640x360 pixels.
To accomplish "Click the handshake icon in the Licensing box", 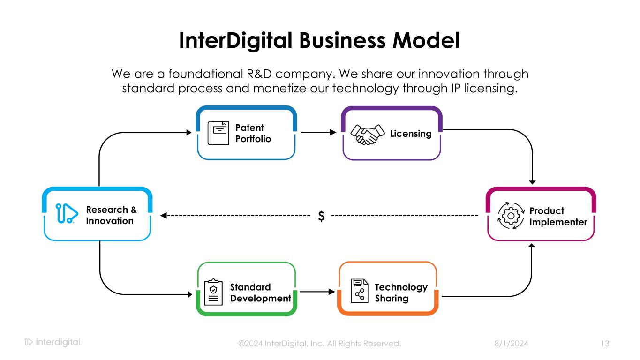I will point(366,135).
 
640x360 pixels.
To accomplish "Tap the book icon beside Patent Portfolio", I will point(218,133).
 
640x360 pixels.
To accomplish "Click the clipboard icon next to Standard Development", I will point(213,292).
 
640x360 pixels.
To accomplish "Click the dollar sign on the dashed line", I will point(321,216).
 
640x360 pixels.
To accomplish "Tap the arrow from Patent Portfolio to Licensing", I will point(319,133).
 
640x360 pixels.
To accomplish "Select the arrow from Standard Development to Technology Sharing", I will point(317,292).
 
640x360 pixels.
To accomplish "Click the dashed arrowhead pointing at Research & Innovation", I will point(164,216).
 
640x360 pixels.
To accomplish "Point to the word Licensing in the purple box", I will point(411,134).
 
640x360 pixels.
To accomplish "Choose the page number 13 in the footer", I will point(605,344).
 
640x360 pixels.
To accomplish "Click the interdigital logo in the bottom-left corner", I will point(53,343).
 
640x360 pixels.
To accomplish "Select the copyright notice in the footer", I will point(320,344).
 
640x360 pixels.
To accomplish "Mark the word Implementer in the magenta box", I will point(558,222).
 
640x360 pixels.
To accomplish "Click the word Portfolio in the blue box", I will point(253,139).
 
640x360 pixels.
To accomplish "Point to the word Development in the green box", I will point(261,299).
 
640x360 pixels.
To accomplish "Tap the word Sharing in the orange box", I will point(392,299).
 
